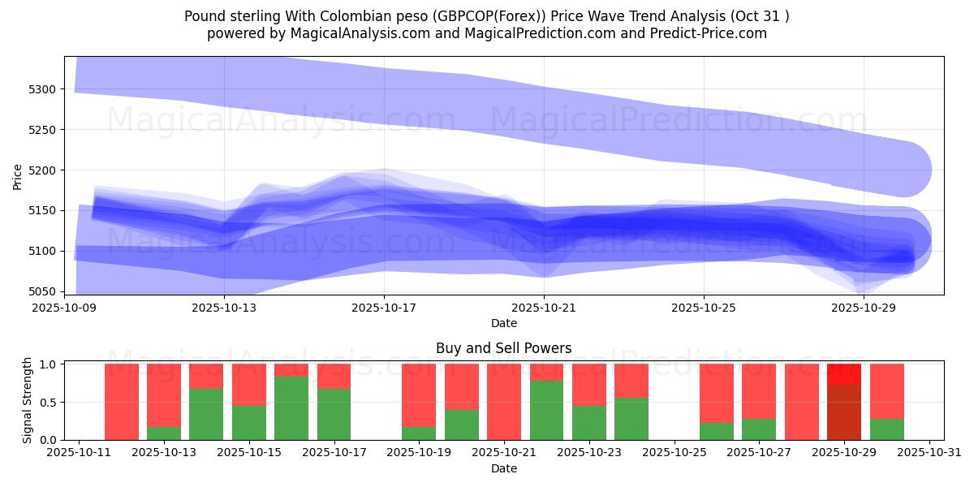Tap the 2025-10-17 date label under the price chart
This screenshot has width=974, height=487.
[384, 308]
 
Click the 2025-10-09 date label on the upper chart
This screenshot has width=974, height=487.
[65, 308]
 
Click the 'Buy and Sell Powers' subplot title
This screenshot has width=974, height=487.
[503, 348]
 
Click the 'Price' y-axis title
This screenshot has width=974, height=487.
[18, 175]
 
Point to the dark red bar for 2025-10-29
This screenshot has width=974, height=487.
[844, 412]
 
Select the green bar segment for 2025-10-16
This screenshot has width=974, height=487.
[291, 408]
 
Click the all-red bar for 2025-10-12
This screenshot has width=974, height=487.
[122, 402]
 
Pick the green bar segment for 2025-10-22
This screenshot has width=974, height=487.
[546, 410]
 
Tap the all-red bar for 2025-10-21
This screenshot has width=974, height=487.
[504, 402]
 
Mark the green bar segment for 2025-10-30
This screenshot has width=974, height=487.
[886, 429]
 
